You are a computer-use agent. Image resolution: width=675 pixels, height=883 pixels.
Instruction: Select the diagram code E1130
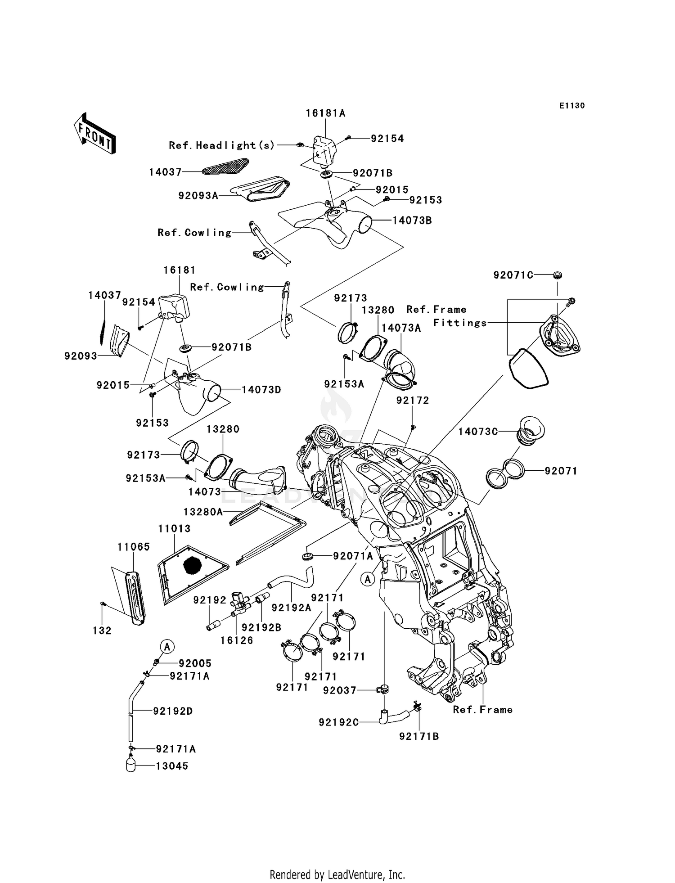572,106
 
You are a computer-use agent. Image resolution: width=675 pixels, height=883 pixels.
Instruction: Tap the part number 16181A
325,113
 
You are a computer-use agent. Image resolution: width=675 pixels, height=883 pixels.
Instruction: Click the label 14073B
412,221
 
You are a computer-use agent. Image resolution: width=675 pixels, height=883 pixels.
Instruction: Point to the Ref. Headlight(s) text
221,145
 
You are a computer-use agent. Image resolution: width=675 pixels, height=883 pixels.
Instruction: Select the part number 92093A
198,196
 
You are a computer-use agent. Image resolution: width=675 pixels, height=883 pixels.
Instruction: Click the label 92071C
513,275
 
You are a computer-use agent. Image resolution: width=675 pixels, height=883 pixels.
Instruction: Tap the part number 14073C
478,432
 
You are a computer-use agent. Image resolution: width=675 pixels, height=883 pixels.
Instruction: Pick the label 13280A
203,512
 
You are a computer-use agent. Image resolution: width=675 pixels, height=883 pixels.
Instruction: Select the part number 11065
134,547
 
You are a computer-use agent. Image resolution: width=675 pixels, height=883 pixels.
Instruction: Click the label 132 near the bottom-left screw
102,631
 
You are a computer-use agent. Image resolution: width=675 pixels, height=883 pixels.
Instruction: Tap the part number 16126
237,640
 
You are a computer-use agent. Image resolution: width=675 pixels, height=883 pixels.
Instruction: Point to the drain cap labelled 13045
131,766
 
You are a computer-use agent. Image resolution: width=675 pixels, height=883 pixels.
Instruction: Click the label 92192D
173,711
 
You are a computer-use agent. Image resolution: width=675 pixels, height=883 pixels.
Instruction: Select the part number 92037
339,690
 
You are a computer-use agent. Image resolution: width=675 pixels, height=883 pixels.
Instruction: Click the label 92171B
419,736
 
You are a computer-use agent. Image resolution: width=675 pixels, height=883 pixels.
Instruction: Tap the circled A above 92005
167,647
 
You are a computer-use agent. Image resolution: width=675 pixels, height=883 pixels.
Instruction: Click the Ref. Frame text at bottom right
482,710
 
